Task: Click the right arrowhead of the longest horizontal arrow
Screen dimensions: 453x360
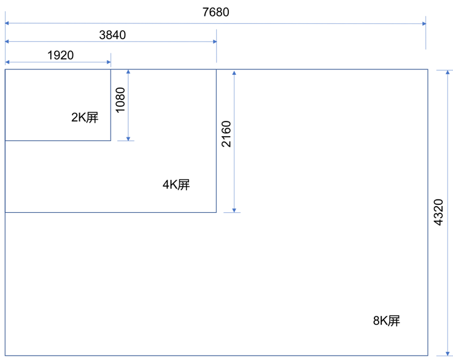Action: click(424, 24)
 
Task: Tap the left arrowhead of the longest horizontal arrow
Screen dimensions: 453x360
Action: click(7, 23)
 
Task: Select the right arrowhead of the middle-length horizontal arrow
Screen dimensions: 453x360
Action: click(214, 42)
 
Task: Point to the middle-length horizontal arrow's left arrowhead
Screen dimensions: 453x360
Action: click(7, 42)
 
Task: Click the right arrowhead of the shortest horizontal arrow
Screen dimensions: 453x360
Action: click(109, 62)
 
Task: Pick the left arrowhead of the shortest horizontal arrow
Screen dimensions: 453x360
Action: click(7, 62)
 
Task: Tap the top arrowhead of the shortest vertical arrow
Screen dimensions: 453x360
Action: click(128, 72)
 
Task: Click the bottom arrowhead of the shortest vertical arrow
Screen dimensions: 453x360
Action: click(128, 139)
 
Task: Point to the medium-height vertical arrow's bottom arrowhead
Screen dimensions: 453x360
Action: click(234, 210)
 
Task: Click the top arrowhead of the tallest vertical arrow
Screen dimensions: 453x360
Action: click(447, 72)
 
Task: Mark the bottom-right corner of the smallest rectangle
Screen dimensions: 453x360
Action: click(110, 140)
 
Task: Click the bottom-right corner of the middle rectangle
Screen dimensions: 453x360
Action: click(217, 212)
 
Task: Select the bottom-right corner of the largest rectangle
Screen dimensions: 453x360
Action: click(427, 355)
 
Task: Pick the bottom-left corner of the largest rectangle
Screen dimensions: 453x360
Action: click(5, 355)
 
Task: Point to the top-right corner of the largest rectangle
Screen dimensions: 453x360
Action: click(427, 69)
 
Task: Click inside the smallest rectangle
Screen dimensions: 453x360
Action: click(58, 105)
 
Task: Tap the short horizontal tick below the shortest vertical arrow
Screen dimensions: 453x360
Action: click(125, 141)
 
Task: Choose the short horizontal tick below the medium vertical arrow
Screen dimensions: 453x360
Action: click(232, 213)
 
